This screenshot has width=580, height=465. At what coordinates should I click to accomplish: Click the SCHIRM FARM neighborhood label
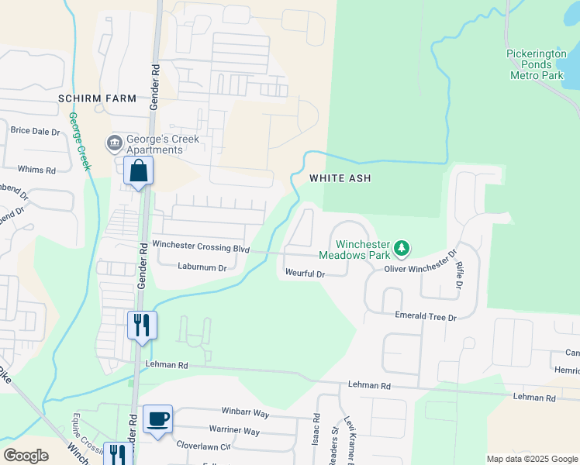[97, 99]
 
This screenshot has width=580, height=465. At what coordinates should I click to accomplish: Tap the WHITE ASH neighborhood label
[340, 178]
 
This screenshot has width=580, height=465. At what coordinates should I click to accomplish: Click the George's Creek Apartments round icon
[114, 144]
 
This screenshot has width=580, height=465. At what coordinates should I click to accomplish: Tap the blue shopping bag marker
[138, 171]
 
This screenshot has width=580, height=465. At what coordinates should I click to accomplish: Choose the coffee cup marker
[158, 419]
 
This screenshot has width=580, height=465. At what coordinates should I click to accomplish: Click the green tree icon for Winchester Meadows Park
[401, 249]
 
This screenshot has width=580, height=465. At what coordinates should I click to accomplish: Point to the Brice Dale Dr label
[35, 131]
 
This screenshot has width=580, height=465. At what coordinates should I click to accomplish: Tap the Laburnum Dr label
[200, 267]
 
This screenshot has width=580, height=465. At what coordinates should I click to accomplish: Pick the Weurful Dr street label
[304, 274]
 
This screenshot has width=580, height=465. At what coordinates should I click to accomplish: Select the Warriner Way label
[234, 430]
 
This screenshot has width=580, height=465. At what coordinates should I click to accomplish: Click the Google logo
[26, 456]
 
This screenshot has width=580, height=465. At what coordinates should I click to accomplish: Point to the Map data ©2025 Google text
[531, 459]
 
